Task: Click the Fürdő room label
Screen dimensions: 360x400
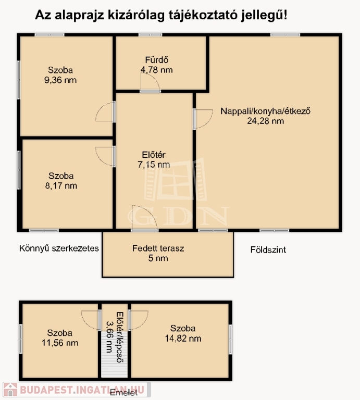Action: point(157,60)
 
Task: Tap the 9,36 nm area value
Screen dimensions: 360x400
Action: point(60,80)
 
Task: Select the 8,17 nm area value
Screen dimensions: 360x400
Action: point(61,186)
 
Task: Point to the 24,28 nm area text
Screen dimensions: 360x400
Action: point(265,121)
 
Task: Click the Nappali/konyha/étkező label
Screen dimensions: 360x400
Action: point(265,111)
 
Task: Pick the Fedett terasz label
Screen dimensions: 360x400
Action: point(158,248)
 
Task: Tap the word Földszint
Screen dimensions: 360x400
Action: point(268,249)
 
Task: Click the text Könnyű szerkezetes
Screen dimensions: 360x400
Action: point(59,248)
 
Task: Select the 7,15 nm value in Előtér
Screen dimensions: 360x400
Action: point(154,165)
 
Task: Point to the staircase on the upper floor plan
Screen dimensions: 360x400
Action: point(114,355)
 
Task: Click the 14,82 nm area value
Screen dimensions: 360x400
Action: point(183,339)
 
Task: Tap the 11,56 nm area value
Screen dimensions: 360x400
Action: point(60,343)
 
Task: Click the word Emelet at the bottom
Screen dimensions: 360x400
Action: point(124,393)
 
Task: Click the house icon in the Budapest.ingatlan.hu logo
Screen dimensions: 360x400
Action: point(10,390)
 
